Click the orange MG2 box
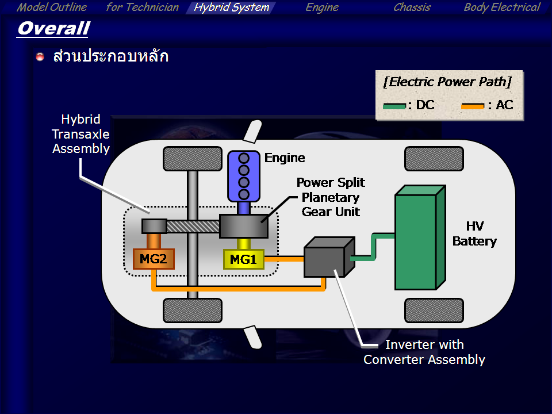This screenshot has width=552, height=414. (153, 259)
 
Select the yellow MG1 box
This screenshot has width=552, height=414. (243, 259)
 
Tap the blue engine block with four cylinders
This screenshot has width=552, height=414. (244, 176)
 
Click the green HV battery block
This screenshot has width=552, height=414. (415, 241)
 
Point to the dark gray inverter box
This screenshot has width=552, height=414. (324, 258)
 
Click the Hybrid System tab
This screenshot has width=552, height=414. (231, 7)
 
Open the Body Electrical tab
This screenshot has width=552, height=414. (501, 7)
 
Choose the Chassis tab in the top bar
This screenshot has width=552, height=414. (412, 7)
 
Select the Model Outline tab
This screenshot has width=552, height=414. (52, 7)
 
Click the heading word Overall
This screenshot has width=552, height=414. (53, 28)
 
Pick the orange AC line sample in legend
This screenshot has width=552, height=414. (473, 106)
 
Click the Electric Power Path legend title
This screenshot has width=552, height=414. (447, 82)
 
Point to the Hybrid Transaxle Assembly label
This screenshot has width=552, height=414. (81, 134)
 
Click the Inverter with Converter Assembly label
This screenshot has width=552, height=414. (424, 352)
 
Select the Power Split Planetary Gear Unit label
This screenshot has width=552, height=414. (331, 197)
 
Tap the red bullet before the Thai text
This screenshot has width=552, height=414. (40, 57)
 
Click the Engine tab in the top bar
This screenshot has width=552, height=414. (322, 7)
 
